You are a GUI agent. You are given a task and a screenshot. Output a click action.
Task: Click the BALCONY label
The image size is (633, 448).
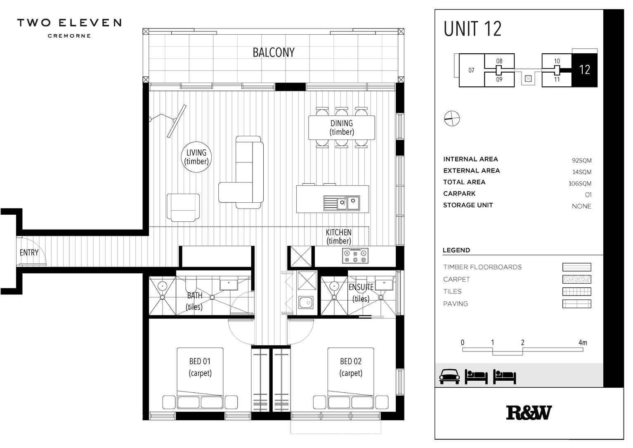point(274,52)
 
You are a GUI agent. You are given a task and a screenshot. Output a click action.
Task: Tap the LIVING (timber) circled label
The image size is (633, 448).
point(196,157)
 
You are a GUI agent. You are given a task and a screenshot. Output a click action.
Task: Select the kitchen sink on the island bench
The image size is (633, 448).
point(342,203)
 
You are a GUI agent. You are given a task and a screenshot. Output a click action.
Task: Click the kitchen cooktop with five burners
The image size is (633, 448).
point(355,256)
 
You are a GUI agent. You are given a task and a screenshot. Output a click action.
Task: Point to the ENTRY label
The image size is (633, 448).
point(29,252)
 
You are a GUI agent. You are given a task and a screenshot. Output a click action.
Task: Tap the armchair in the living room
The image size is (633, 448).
point(183,207)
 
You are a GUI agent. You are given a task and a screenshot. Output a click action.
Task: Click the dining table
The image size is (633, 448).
point(342,128)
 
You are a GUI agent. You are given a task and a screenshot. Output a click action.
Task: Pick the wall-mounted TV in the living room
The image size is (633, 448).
point(177,121)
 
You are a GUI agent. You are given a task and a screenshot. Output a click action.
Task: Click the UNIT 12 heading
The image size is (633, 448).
point(472,29)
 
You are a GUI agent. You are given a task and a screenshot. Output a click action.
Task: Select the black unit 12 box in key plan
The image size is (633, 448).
point(584,70)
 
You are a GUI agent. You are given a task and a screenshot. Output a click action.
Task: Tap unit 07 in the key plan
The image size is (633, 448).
point(471,70)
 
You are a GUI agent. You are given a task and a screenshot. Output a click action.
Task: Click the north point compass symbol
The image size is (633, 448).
point(452,119)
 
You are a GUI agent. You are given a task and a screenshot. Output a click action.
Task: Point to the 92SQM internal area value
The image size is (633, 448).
point(581,161)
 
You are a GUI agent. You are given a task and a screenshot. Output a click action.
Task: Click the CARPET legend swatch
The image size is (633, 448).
point(576,280)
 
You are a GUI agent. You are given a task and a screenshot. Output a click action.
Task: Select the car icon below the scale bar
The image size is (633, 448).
point(449,376)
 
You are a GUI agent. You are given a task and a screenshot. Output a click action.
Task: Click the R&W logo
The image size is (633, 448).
point(529,413)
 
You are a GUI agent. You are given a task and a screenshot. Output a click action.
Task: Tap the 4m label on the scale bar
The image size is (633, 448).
point(582,342)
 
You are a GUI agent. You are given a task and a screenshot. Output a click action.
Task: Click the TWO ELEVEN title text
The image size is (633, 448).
point(69,23)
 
